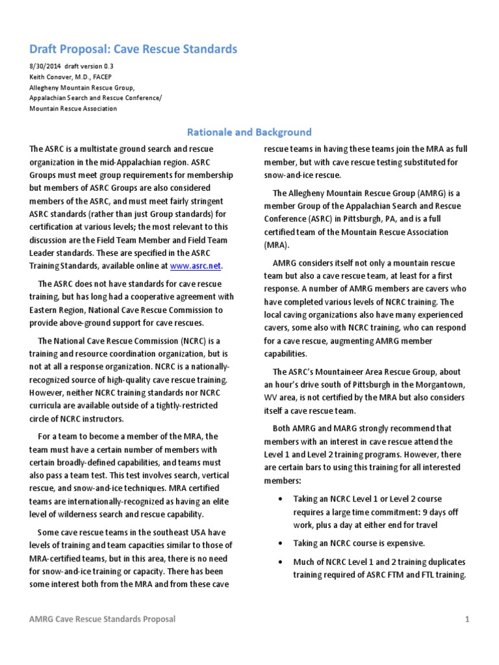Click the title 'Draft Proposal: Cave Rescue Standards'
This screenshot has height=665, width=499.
pyautogui.click(x=133, y=49)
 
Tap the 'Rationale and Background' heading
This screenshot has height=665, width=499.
pyautogui.click(x=249, y=132)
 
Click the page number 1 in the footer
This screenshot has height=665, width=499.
pyautogui.click(x=467, y=619)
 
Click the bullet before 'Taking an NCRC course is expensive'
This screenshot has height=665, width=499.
pyautogui.click(x=279, y=542)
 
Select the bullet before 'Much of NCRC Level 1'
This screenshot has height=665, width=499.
pyautogui.click(x=279, y=562)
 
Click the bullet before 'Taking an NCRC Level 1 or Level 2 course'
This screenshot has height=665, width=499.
pyautogui.click(x=279, y=499)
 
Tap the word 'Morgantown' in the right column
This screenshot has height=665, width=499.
pyautogui.click(x=439, y=384)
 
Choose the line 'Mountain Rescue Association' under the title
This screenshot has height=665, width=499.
pyautogui.click(x=73, y=108)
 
